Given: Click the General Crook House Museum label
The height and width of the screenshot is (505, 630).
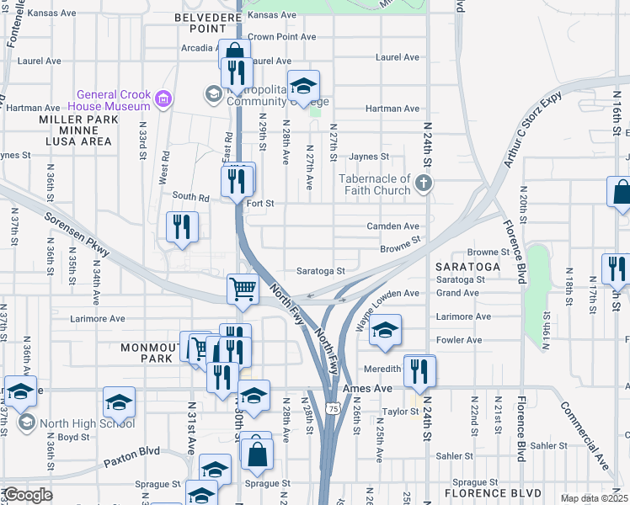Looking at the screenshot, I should click(x=113, y=100).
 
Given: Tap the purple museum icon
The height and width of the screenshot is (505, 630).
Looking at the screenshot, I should click(x=163, y=100).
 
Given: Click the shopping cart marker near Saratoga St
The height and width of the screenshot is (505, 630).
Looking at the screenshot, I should click(x=243, y=288).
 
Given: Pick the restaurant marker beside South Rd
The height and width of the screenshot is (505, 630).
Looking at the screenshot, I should click(x=182, y=226).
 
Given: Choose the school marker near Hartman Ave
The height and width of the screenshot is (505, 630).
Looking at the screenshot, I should click(x=303, y=85).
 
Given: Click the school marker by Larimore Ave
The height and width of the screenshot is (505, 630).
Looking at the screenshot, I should click(x=385, y=328).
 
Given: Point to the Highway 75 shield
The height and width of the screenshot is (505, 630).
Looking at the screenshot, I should click(x=334, y=408).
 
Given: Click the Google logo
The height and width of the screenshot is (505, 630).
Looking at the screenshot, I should click(x=28, y=495).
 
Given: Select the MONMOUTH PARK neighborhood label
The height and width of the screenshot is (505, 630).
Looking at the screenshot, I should click(x=150, y=353).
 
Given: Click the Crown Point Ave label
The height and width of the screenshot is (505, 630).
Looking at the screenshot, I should click(x=281, y=37).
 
